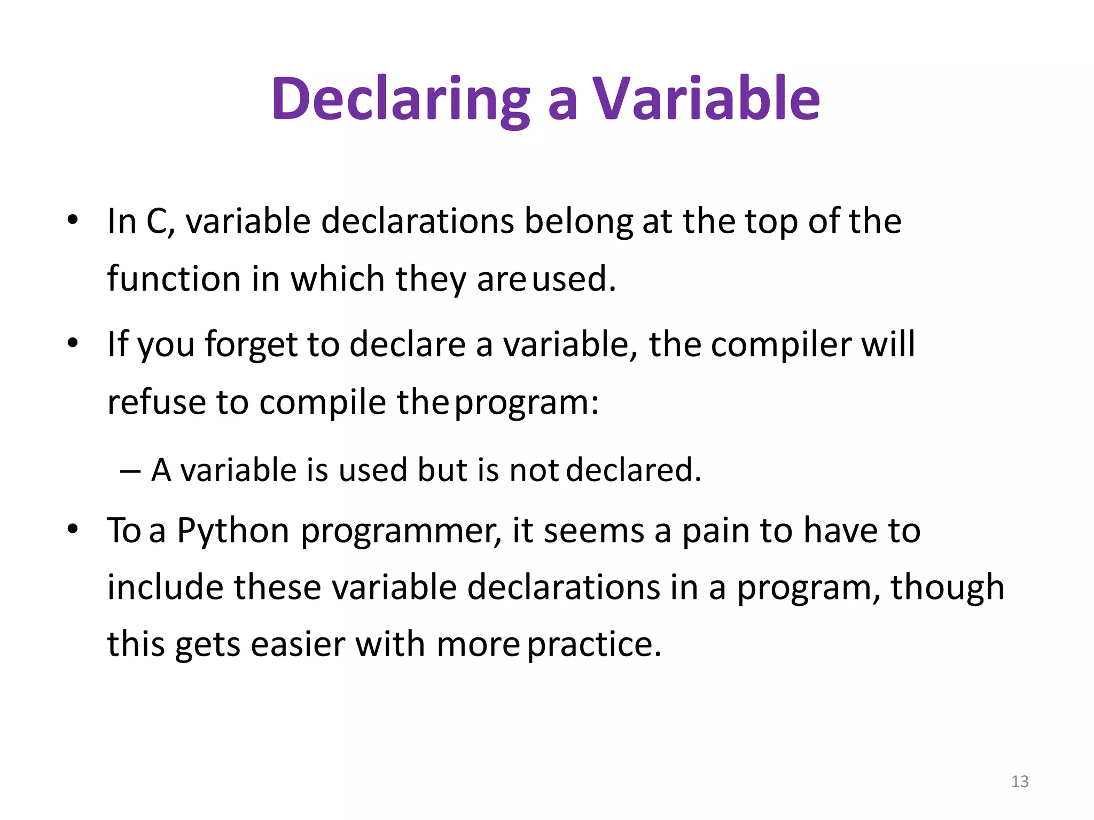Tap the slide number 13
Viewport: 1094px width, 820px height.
pyautogui.click(x=1020, y=782)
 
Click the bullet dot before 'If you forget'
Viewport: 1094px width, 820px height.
pyautogui.click(x=73, y=343)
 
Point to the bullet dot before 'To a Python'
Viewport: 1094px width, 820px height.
pyautogui.click(x=73, y=529)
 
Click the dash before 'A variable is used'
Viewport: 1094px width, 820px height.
pyautogui.click(x=130, y=471)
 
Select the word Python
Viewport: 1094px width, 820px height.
pyautogui.click(x=233, y=532)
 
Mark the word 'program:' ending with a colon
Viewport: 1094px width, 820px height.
pyautogui.click(x=527, y=404)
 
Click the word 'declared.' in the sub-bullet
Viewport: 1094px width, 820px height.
pyautogui.click(x=633, y=470)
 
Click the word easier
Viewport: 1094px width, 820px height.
pyautogui.click(x=298, y=644)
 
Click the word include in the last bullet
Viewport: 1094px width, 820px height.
pyautogui.click(x=165, y=587)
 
